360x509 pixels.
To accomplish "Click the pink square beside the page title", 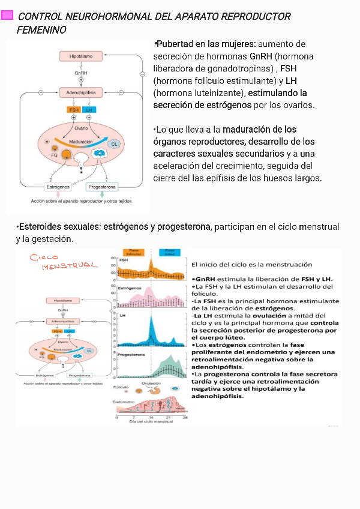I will (x=7, y=16).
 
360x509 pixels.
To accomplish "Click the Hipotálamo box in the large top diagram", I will (x=81, y=56).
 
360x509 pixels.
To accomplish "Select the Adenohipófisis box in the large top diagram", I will (x=81, y=92).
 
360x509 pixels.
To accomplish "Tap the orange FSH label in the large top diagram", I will (x=74, y=110).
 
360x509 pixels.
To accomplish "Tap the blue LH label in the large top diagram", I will (x=89, y=110).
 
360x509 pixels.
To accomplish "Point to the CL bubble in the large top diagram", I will (x=114, y=144).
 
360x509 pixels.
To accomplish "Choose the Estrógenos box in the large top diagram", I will (x=58, y=187).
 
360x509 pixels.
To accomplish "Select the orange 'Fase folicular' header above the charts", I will (x=133, y=252).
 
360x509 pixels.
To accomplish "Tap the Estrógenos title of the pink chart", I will (x=130, y=288).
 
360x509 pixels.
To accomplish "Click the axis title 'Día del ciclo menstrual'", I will (x=151, y=422).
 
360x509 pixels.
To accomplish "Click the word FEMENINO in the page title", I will (x=41, y=29).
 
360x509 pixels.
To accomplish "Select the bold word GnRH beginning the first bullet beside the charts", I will (x=205, y=279).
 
